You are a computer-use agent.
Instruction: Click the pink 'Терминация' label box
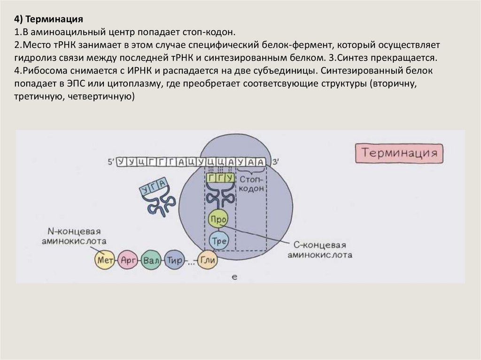click(x=398, y=153)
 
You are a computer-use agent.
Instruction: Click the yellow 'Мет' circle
click(x=104, y=260)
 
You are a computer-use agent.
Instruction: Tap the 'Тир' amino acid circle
click(x=174, y=260)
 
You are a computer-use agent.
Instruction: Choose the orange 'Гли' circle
click(x=206, y=260)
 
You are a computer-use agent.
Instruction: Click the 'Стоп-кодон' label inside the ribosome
click(x=252, y=184)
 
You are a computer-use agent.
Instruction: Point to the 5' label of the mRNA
click(x=111, y=162)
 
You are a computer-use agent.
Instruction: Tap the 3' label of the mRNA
click(x=276, y=162)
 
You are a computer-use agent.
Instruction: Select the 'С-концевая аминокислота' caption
click(x=319, y=251)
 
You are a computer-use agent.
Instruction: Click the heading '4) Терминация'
click(x=48, y=19)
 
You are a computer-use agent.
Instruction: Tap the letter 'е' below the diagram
click(x=234, y=277)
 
